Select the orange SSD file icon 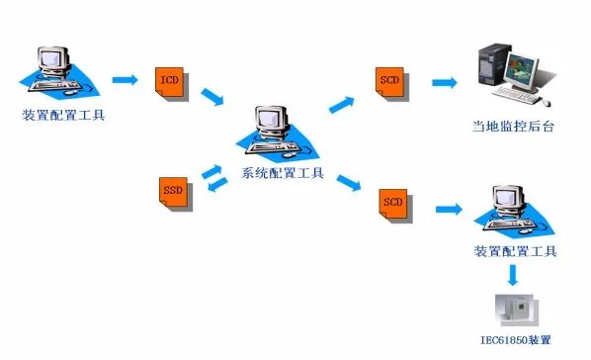point(173,190)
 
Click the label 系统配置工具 point(276,172)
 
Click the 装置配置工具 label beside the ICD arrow point(62,114)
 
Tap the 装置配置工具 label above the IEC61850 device point(515,251)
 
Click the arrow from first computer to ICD point(125,77)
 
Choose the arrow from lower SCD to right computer point(448,209)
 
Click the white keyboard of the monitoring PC point(521,97)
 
